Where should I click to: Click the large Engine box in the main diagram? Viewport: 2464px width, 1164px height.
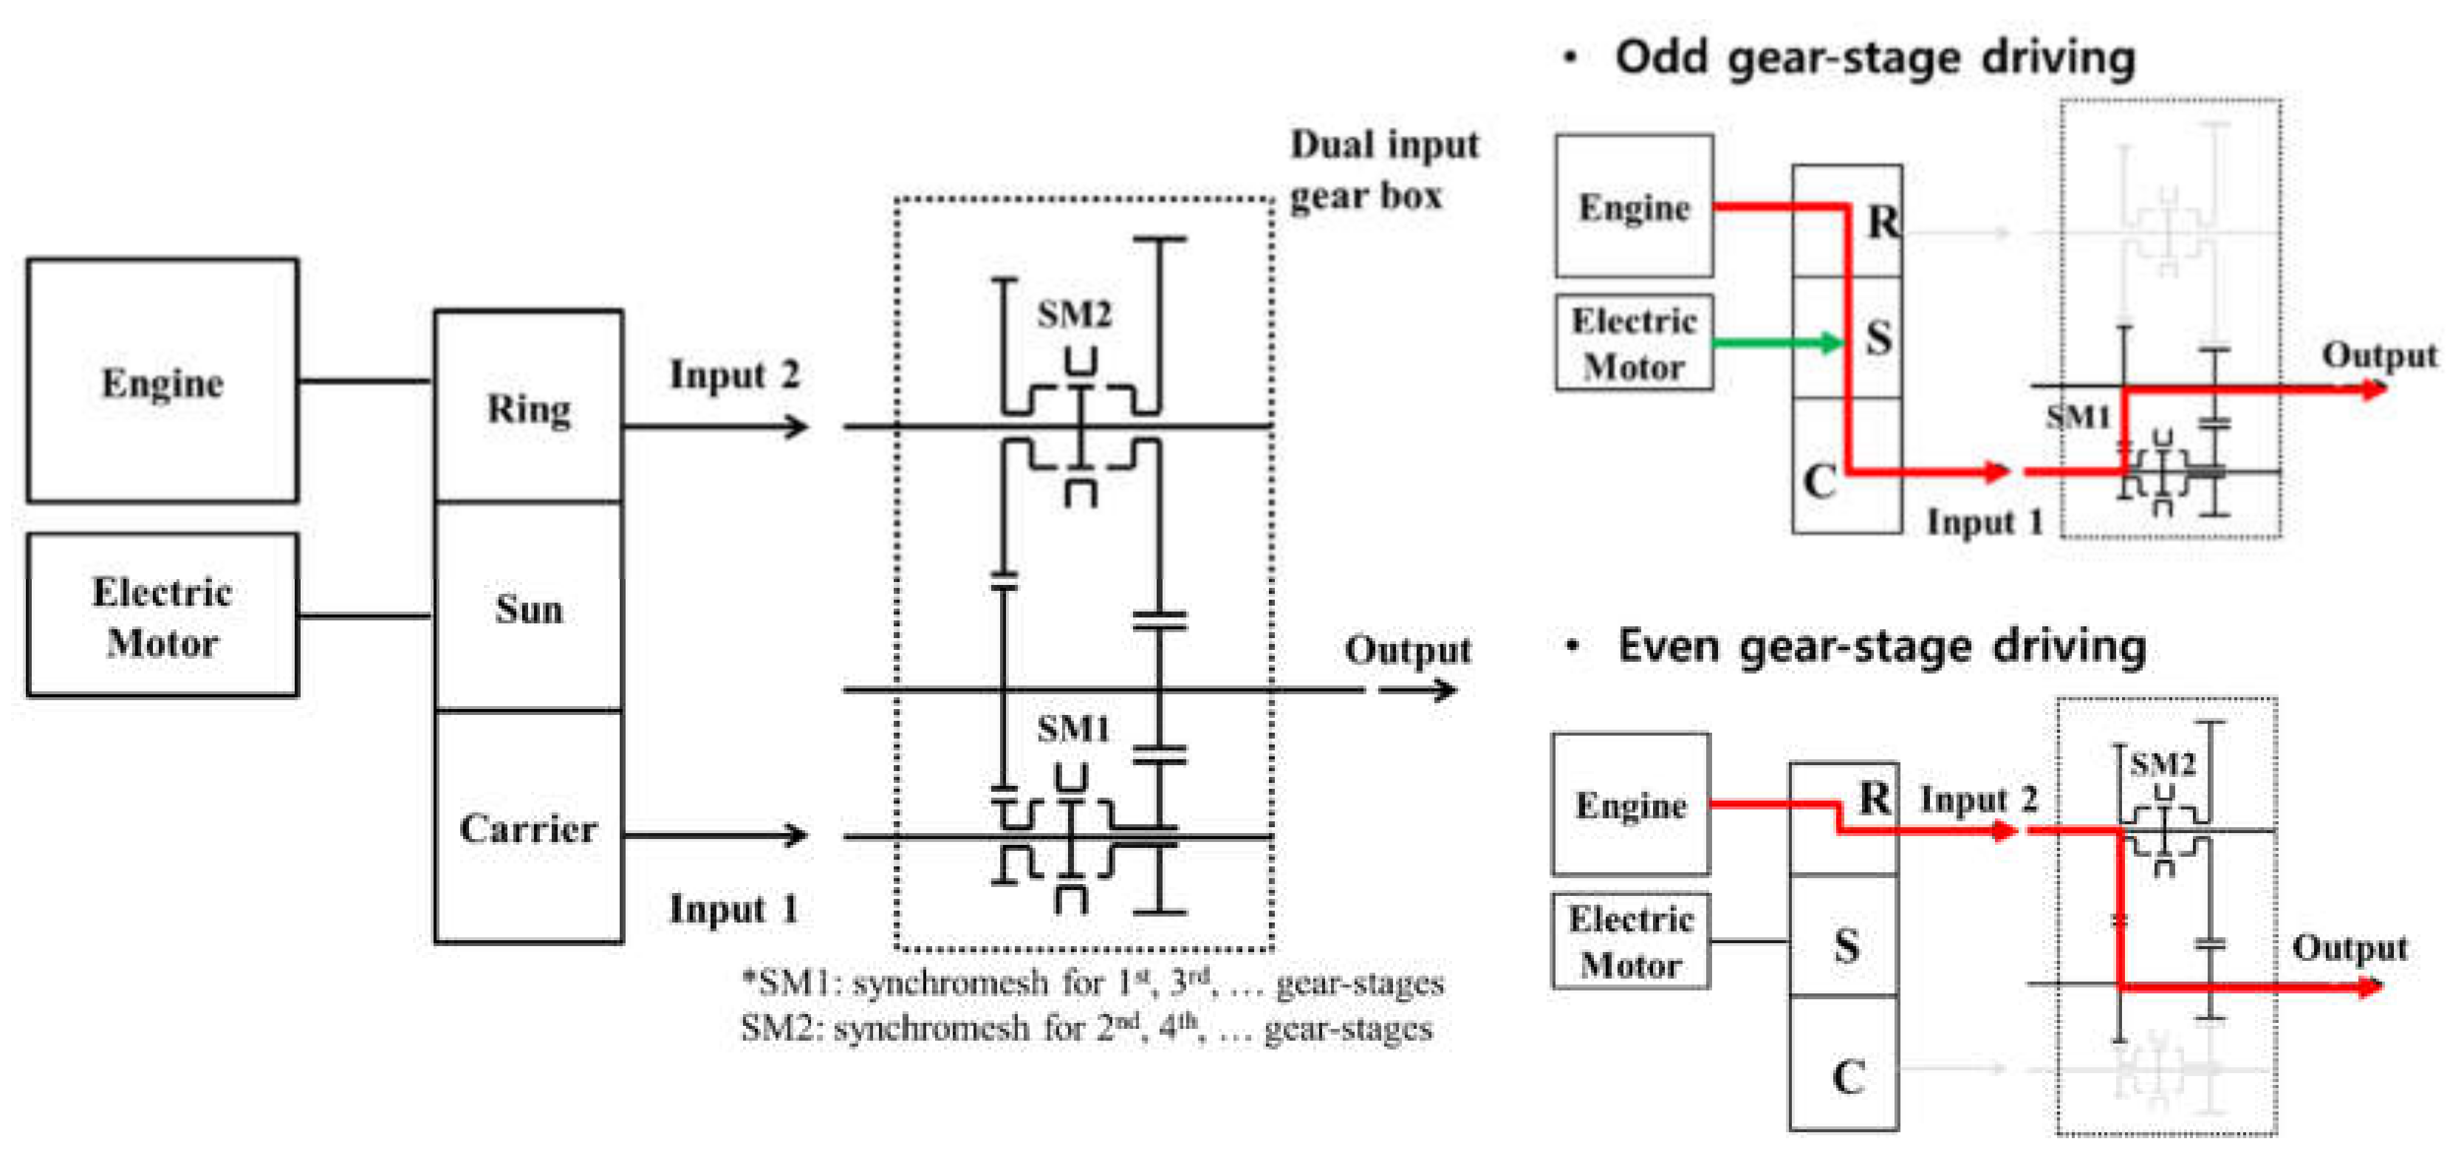[x=162, y=380]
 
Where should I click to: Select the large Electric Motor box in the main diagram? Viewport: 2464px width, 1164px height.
[x=162, y=615]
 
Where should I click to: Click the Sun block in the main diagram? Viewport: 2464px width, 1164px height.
[x=528, y=609]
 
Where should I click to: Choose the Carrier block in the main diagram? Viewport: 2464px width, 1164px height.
[x=528, y=827]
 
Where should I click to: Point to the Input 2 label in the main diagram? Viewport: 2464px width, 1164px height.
[x=733, y=374]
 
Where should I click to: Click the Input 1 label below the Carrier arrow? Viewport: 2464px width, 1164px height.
[x=733, y=908]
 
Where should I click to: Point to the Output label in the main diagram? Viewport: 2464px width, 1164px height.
[x=1406, y=649]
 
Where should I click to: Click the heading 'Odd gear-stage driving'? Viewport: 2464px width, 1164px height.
[x=1874, y=58]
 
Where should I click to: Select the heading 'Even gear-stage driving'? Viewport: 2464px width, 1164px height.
[x=1880, y=646]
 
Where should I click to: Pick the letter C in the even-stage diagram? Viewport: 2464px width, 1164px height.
[x=1848, y=1077]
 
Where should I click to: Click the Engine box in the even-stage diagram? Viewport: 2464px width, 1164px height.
[x=1631, y=804]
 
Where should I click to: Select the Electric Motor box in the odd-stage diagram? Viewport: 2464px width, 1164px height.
[x=1634, y=343]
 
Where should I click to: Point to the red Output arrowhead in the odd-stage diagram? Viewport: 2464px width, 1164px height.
[x=2373, y=388]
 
